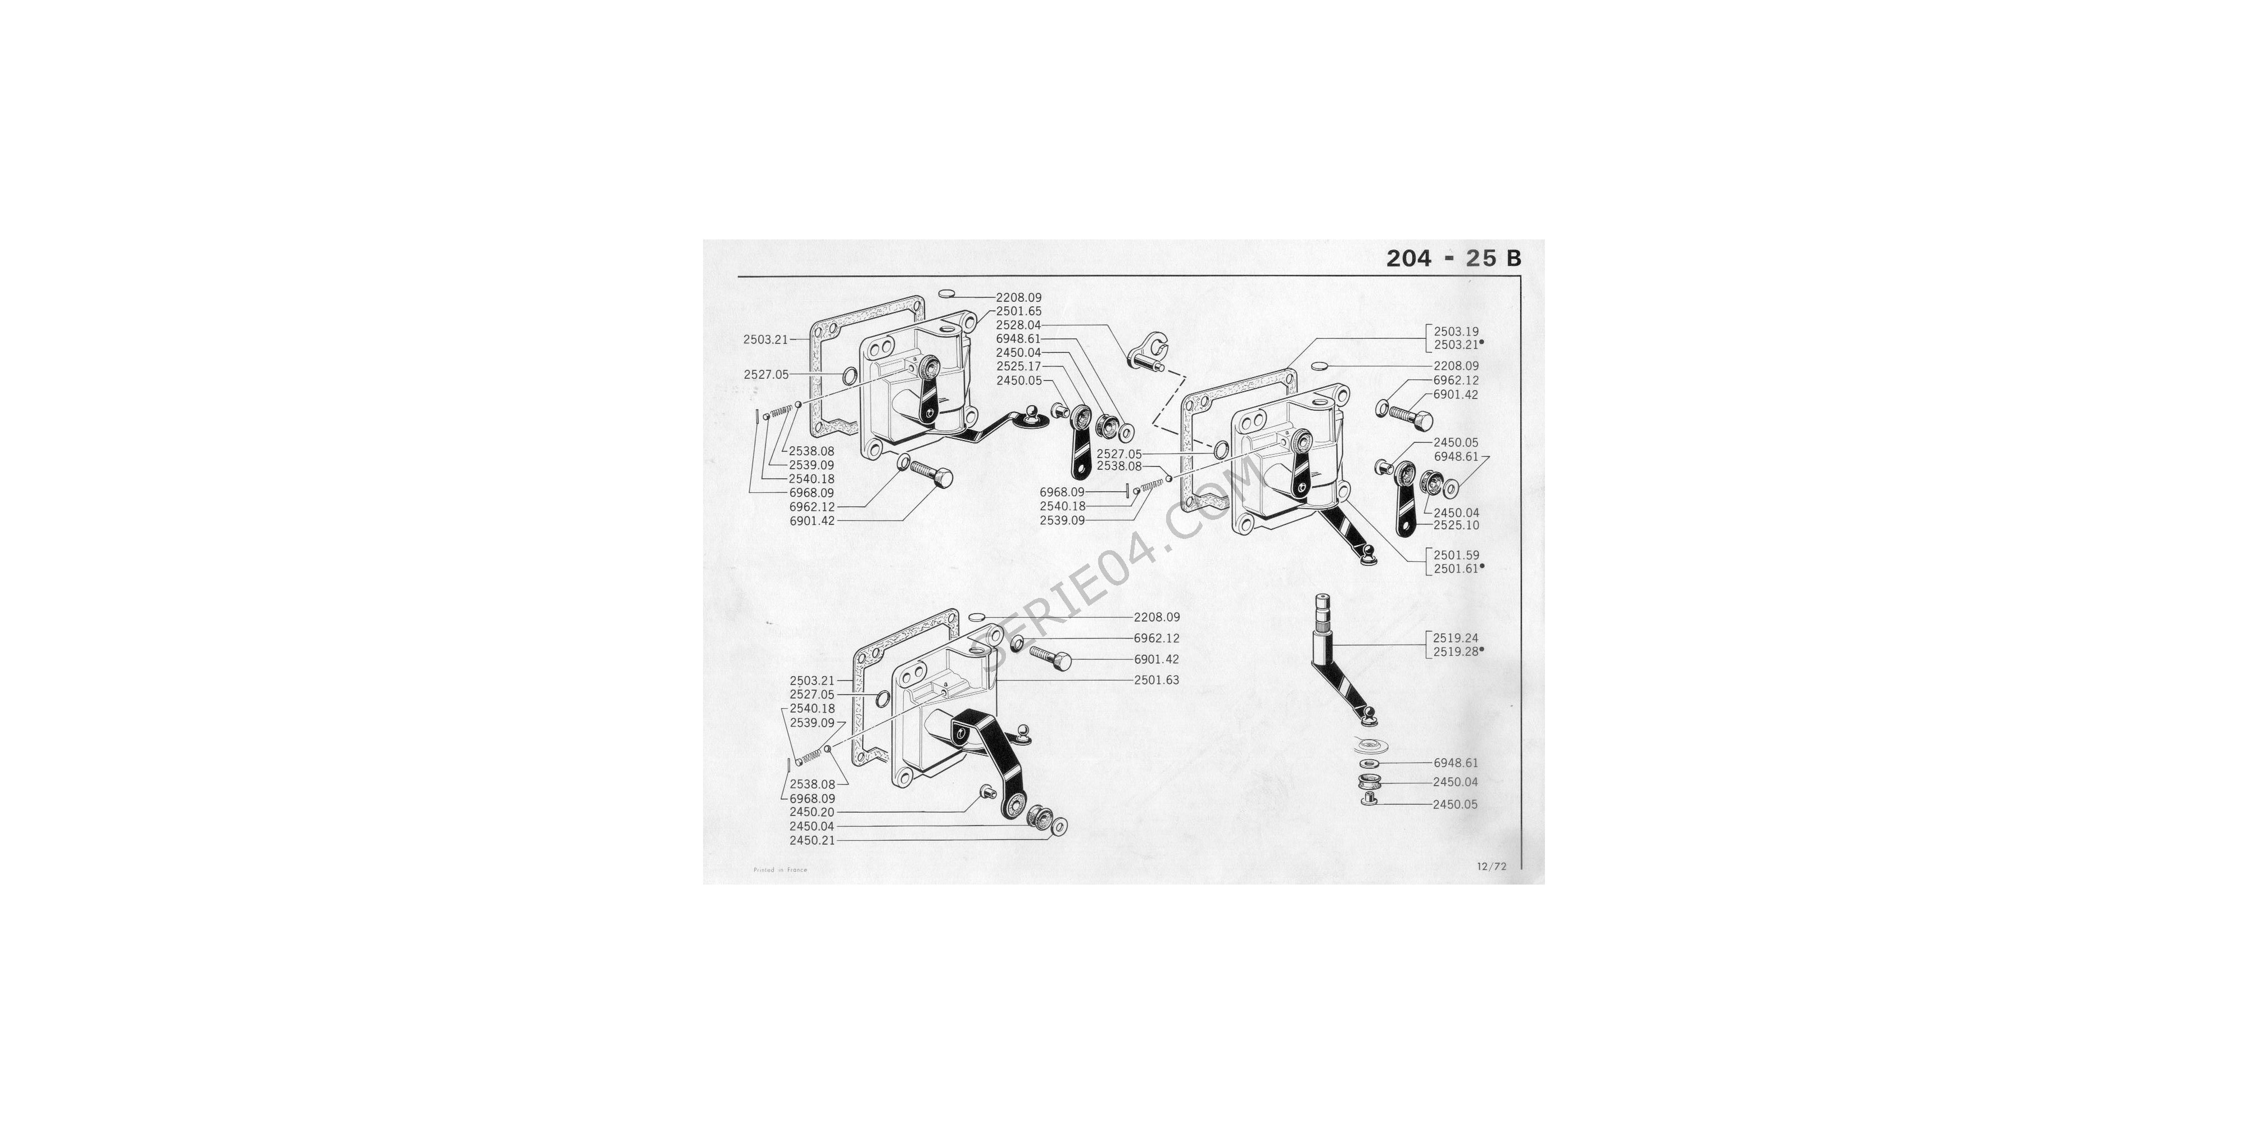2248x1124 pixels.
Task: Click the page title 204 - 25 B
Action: [x=1454, y=259]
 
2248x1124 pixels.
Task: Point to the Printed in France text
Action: [x=780, y=870]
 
